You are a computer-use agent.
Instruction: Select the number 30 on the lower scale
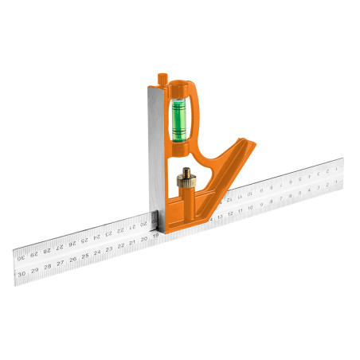pyautogui.click(x=22, y=272)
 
